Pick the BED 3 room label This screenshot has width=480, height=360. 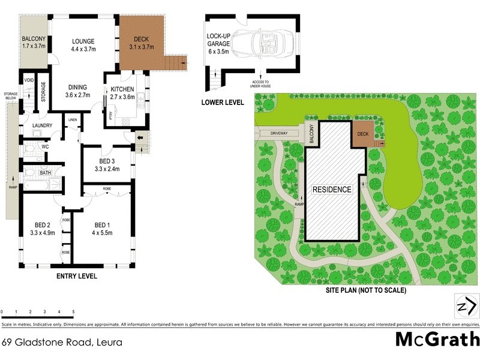107,161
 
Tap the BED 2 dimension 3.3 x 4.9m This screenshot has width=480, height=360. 42,233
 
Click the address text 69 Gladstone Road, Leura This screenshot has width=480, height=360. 62,343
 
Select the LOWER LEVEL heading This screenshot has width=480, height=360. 223,103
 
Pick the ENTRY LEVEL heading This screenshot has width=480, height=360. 76,277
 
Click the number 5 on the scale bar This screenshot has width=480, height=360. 73,313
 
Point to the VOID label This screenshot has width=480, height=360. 29,79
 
